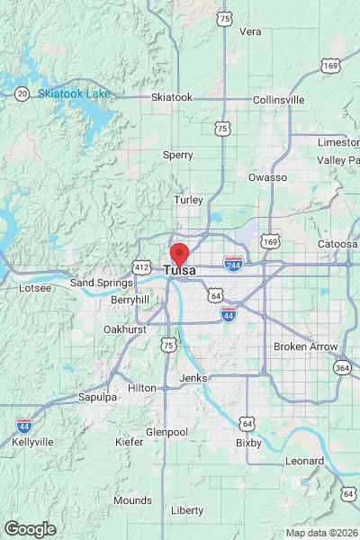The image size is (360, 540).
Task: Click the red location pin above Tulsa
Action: tap(179, 253)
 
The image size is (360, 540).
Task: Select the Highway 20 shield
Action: tap(22, 93)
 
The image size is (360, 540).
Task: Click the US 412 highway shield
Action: tap(141, 267)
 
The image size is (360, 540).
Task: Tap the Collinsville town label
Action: tap(278, 100)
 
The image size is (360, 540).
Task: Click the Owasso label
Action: tap(267, 178)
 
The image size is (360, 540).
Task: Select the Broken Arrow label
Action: tap(305, 346)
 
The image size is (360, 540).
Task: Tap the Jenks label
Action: tap(193, 378)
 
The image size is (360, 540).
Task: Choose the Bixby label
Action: tap(248, 443)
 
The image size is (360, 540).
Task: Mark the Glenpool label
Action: tap(166, 432)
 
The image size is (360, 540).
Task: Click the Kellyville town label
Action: tap(32, 442)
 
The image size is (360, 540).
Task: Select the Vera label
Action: tap(250, 31)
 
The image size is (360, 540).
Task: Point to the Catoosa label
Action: tap(338, 245)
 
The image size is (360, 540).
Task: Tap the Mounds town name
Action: tap(132, 500)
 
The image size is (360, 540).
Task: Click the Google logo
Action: tap(30, 529)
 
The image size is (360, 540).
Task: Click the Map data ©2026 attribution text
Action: tap(320, 533)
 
